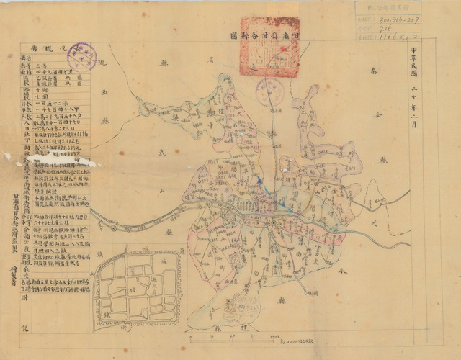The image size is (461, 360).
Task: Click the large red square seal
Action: tap(269, 47)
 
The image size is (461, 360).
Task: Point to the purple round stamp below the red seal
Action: tap(271, 89)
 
